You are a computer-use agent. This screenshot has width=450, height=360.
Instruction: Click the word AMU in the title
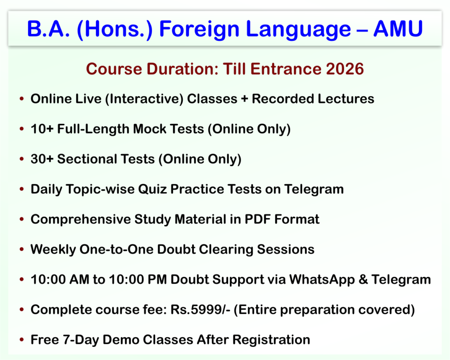[398, 29]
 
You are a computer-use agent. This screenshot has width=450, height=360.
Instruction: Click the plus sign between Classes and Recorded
[244, 99]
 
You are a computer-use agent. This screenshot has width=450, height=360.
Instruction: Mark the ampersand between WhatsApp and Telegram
[363, 279]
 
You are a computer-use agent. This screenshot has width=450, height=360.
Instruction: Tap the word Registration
[271, 340]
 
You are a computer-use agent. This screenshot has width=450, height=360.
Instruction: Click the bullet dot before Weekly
[22, 249]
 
